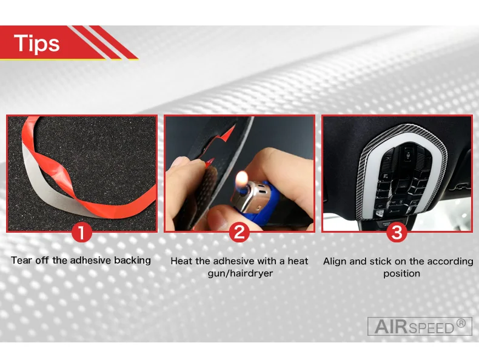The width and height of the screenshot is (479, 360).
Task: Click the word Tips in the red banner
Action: coord(36,43)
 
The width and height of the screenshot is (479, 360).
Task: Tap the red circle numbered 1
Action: coord(82,233)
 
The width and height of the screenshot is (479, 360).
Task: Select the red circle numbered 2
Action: coord(239,232)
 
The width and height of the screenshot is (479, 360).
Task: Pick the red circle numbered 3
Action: coord(397,232)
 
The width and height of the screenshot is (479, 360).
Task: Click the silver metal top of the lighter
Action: coord(249,196)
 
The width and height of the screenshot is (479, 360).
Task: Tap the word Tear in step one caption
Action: coord(21,260)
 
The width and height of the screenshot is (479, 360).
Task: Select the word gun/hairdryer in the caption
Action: coord(240,273)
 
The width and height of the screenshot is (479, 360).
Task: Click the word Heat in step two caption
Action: coord(181,261)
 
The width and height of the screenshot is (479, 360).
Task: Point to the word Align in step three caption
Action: coord(335,262)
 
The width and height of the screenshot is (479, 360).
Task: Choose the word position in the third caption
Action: coord(402,273)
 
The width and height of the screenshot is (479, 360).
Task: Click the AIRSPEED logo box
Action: coord(420,326)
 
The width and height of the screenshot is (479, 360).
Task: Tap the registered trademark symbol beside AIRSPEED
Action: coord(461,324)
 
